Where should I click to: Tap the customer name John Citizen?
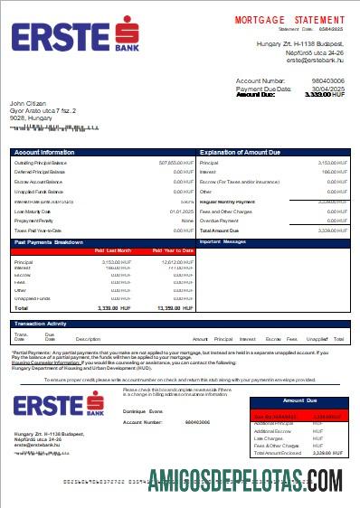click(x=27, y=104)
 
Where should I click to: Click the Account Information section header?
click(x=44, y=152)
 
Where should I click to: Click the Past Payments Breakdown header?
click(x=50, y=241)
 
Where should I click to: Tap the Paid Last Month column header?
click(x=113, y=250)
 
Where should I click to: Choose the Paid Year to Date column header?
click(x=173, y=250)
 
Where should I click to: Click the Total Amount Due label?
click(x=222, y=230)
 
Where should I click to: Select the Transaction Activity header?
click(x=44, y=323)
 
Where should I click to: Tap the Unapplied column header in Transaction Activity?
click(x=319, y=337)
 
